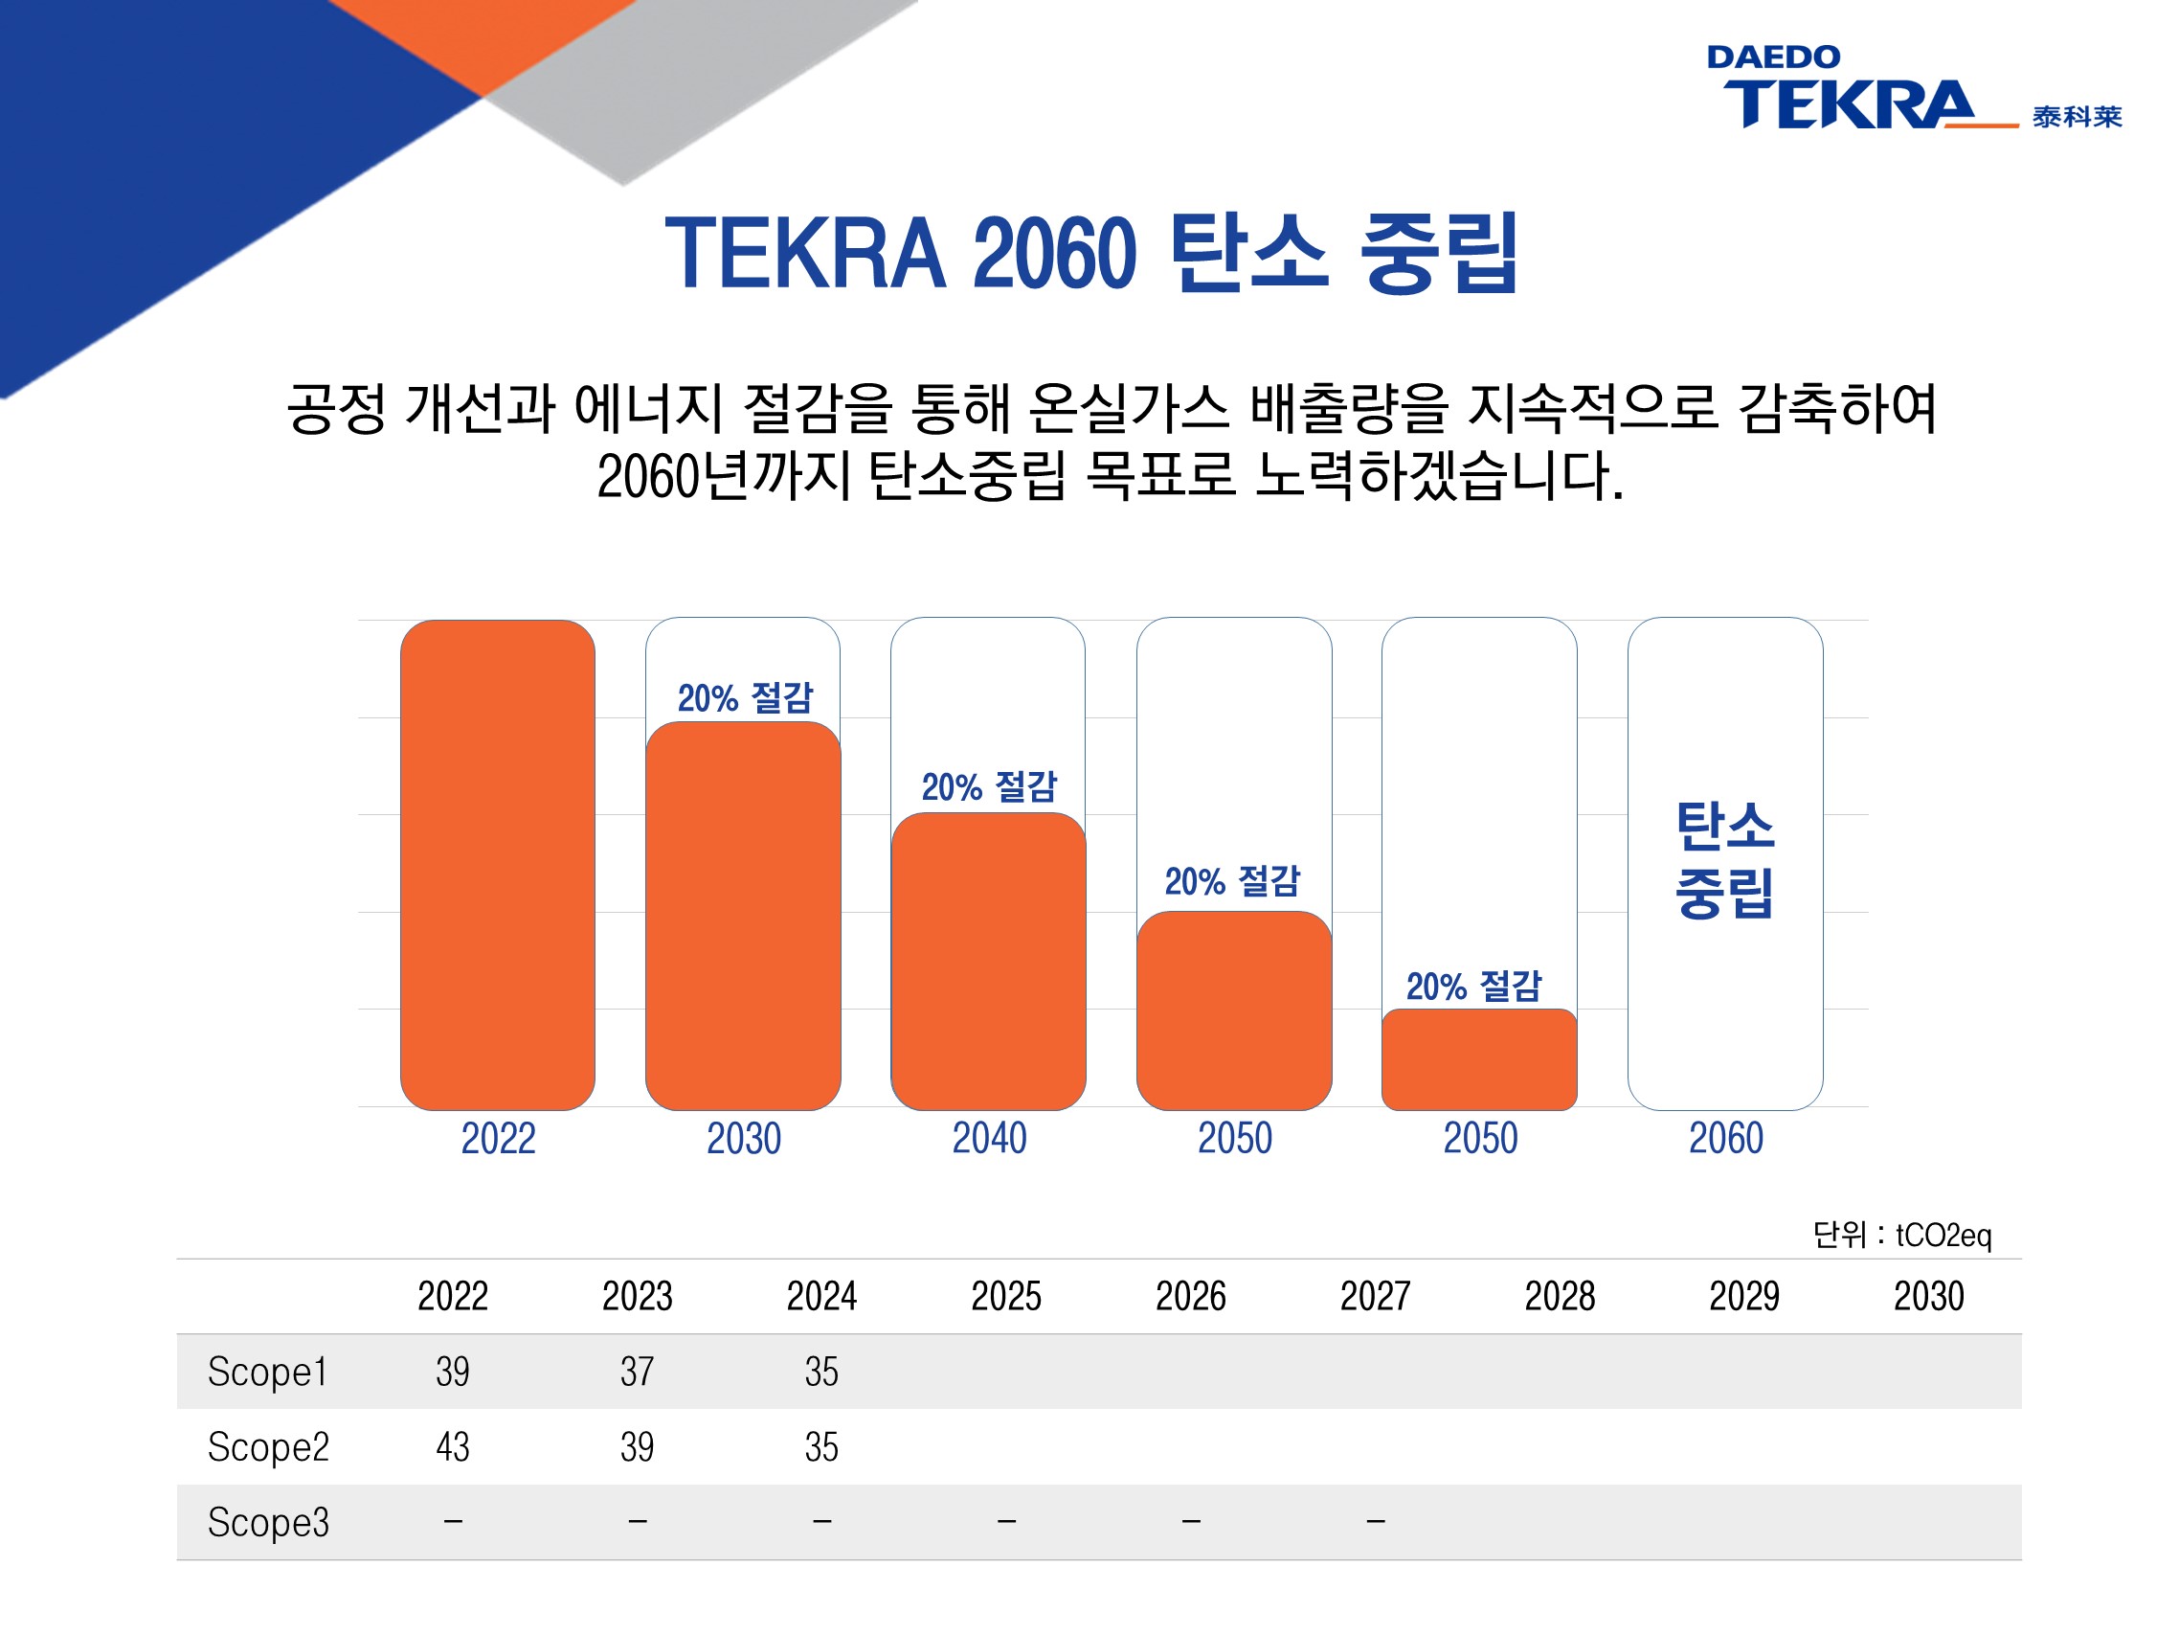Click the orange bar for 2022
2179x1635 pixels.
point(498,864)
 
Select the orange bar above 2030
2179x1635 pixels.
point(743,916)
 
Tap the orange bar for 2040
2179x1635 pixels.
point(988,961)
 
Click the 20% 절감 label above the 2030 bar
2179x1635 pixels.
point(745,697)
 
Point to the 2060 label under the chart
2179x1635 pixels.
point(1726,1138)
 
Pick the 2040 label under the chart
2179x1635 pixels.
point(989,1138)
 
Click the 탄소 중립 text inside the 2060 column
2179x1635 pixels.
point(1725,859)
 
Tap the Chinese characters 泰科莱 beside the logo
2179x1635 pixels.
point(2077,116)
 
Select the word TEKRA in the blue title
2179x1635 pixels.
point(805,253)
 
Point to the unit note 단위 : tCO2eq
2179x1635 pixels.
point(1901,1235)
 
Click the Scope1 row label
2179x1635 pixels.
point(267,1371)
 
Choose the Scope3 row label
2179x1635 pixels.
point(268,1522)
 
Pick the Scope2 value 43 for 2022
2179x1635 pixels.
point(452,1446)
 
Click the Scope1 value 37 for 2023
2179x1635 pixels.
point(637,1371)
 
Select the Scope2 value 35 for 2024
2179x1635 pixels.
point(820,1446)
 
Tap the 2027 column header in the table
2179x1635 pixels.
point(1375,1296)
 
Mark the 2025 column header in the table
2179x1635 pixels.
point(1006,1296)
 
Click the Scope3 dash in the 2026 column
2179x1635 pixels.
point(1191,1522)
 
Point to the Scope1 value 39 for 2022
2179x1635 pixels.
point(452,1371)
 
